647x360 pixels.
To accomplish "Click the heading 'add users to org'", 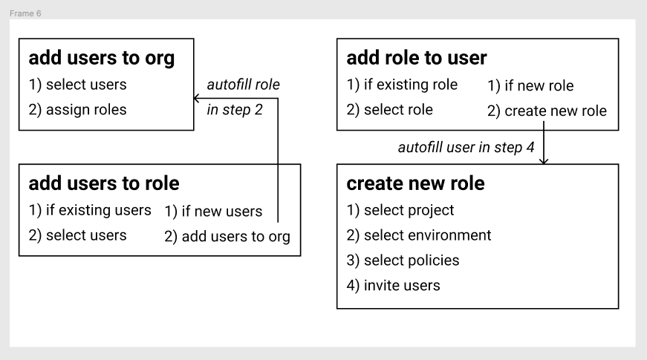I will tap(102, 59).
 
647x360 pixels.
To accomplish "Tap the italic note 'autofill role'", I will tap(243, 85).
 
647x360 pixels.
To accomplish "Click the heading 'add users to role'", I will tap(104, 183).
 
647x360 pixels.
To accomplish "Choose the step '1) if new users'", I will tap(213, 212).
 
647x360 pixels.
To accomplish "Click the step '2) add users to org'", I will tap(227, 237).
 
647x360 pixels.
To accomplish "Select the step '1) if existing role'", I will tap(402, 85).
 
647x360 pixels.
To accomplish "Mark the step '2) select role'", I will tap(389, 110).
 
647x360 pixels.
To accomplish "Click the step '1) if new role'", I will tap(530, 86).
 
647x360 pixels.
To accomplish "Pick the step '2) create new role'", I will tap(547, 111).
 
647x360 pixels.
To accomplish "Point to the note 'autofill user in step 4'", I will tap(466, 147).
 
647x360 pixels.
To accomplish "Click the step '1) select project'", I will tap(400, 210).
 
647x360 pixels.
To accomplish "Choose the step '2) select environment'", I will tap(419, 235).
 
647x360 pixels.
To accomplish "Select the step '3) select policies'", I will tap(403, 261).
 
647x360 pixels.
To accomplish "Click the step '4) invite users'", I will tap(393, 286).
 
